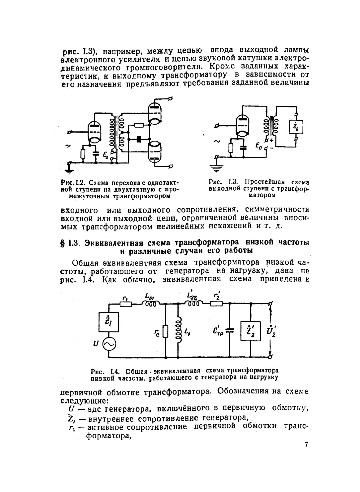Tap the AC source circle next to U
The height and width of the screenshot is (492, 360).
pos(109,344)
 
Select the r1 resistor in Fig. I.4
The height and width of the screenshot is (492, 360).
pos(126,304)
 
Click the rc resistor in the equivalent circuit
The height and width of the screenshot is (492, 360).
pos(166,331)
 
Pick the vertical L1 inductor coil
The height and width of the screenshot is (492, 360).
pos(179,331)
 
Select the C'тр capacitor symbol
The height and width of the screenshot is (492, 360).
pos(229,331)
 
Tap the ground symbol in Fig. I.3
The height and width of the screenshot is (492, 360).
pos(216,167)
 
